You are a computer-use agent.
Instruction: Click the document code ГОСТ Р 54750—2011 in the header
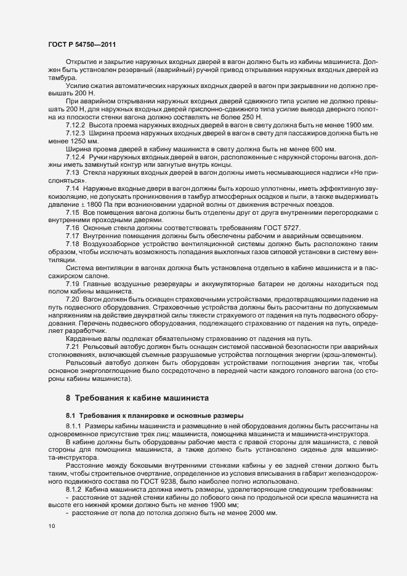[80, 44]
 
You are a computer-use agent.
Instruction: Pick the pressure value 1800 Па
[96, 204]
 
